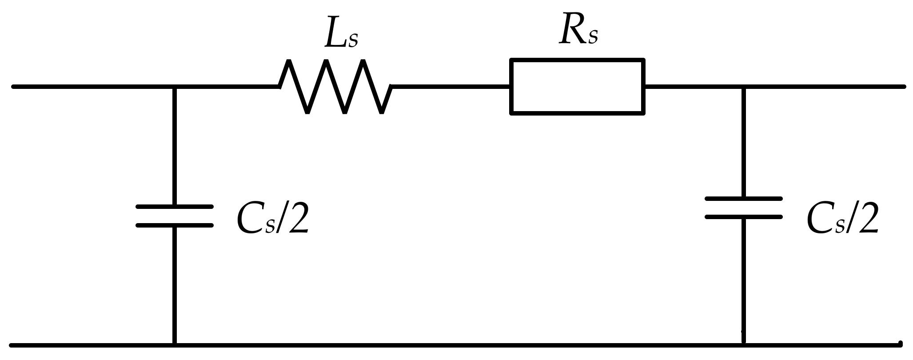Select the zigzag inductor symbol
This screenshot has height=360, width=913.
click(x=335, y=87)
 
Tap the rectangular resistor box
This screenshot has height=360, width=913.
click(x=577, y=87)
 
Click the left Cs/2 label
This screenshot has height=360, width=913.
click(x=272, y=219)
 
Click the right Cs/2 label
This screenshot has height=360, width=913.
click(x=842, y=219)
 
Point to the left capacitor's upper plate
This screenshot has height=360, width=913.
click(x=175, y=207)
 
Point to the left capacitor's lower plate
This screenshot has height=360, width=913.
click(x=175, y=225)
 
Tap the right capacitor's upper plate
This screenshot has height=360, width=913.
click(x=744, y=199)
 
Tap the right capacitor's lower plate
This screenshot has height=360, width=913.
click(x=744, y=217)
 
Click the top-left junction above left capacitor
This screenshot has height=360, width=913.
click(x=175, y=87)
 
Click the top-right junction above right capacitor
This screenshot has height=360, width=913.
click(x=744, y=87)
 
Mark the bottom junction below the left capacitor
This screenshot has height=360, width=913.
click(x=175, y=345)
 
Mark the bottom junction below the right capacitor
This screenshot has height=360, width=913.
click(x=744, y=345)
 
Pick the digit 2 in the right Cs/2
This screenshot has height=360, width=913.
click(x=866, y=219)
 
